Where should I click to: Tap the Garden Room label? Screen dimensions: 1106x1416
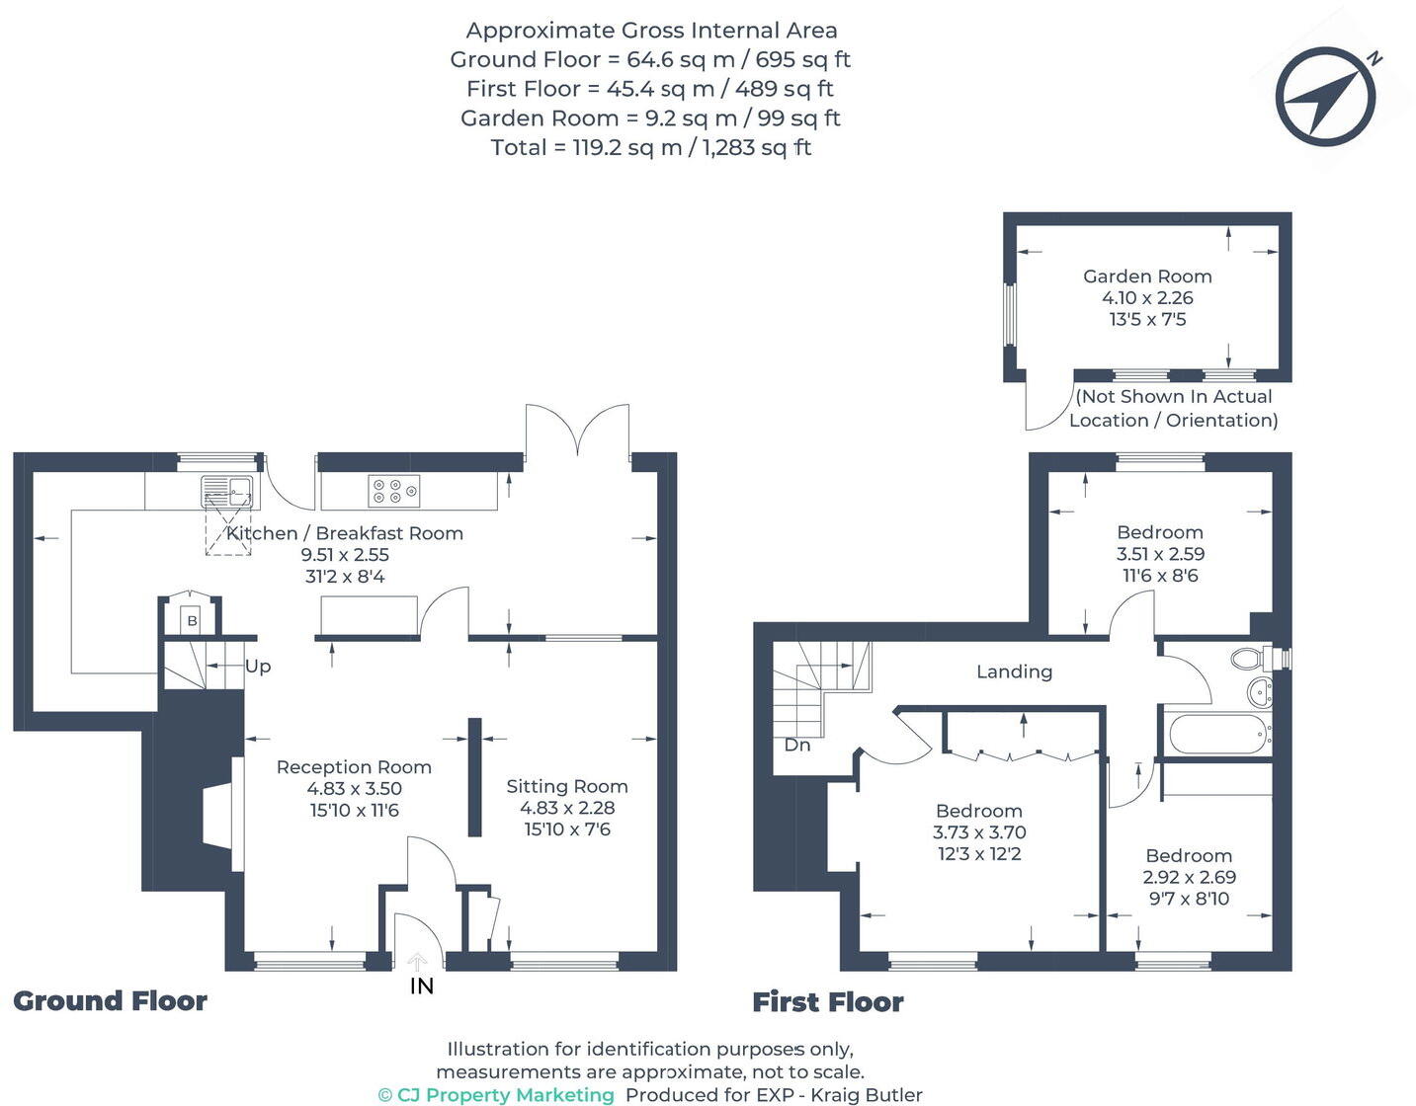click(x=1146, y=276)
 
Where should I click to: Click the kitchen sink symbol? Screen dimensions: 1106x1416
click(x=226, y=491)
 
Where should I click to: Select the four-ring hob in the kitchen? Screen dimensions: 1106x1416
click(x=393, y=491)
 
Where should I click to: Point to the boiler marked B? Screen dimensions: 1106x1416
click(x=192, y=620)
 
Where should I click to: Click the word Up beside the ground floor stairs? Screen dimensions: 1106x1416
click(x=258, y=667)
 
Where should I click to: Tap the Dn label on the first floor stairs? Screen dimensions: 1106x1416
click(x=796, y=745)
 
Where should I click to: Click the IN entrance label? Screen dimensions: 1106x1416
click(x=422, y=986)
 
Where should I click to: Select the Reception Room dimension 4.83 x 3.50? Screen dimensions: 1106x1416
click(x=354, y=789)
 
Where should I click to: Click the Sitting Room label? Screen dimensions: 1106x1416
click(x=567, y=786)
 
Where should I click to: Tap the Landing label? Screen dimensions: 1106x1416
click(x=1014, y=671)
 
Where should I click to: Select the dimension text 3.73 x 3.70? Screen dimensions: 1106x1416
click(x=979, y=832)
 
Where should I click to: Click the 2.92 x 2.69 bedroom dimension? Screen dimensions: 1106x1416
click(x=1189, y=877)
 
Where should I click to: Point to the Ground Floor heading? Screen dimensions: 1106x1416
click(x=110, y=1001)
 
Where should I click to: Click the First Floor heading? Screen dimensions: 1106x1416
click(x=828, y=1002)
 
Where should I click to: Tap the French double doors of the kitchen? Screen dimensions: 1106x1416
click(x=578, y=432)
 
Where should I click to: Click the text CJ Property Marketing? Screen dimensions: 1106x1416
click(x=505, y=1095)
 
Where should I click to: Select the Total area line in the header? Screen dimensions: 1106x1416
click(x=650, y=148)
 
